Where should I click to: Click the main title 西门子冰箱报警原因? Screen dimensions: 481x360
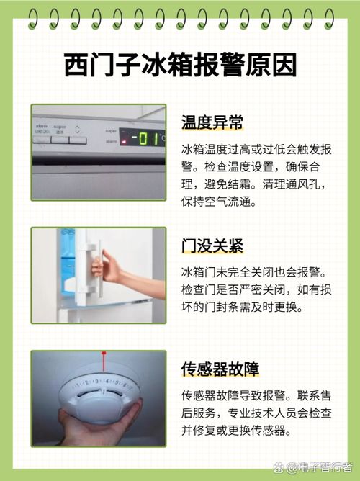click(x=180, y=66)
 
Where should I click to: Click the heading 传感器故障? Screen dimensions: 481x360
click(x=220, y=369)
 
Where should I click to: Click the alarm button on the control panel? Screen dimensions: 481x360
click(x=42, y=140)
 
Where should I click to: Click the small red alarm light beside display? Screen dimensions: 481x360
click(x=123, y=141)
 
